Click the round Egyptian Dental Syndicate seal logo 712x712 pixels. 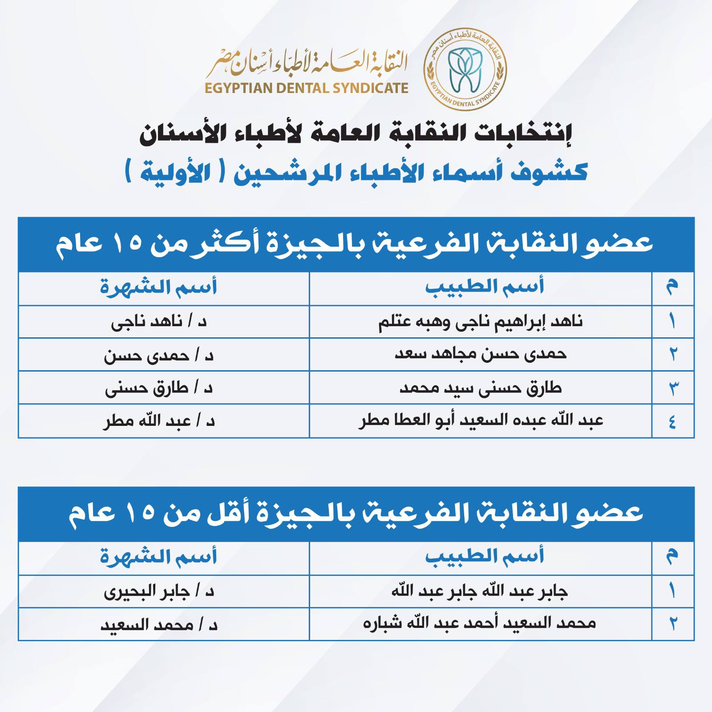coord(465,71)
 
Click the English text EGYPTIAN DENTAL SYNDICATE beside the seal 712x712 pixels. coord(307,88)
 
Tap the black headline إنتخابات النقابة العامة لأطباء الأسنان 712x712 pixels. coord(356,134)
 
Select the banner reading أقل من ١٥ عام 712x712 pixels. coord(356,514)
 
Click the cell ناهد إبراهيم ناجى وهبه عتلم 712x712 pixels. coord(481,322)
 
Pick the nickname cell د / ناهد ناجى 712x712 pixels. coord(159,322)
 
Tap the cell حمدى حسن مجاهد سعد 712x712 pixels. coord(481,355)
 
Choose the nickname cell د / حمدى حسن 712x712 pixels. coord(159,356)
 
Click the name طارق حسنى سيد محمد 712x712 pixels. coord(481,388)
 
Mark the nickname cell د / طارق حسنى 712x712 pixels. coord(159,388)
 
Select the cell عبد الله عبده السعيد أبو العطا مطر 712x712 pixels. coord(481,421)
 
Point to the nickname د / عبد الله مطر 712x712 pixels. coord(159,421)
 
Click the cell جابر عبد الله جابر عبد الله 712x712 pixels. coord(480,591)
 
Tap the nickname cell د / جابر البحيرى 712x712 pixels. coord(159,592)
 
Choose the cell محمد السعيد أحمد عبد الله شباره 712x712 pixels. coord(480,624)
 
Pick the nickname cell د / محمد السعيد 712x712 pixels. coord(159,625)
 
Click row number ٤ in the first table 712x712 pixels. coord(672,421)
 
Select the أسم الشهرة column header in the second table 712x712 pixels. coord(159,557)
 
